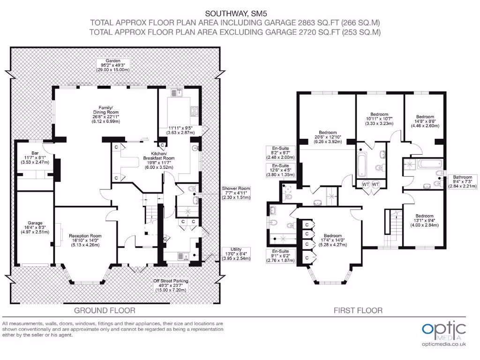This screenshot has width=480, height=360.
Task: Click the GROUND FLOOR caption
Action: point(105,310)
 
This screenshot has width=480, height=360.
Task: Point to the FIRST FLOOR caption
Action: point(358,310)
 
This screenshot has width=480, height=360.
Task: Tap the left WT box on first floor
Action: point(365,184)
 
